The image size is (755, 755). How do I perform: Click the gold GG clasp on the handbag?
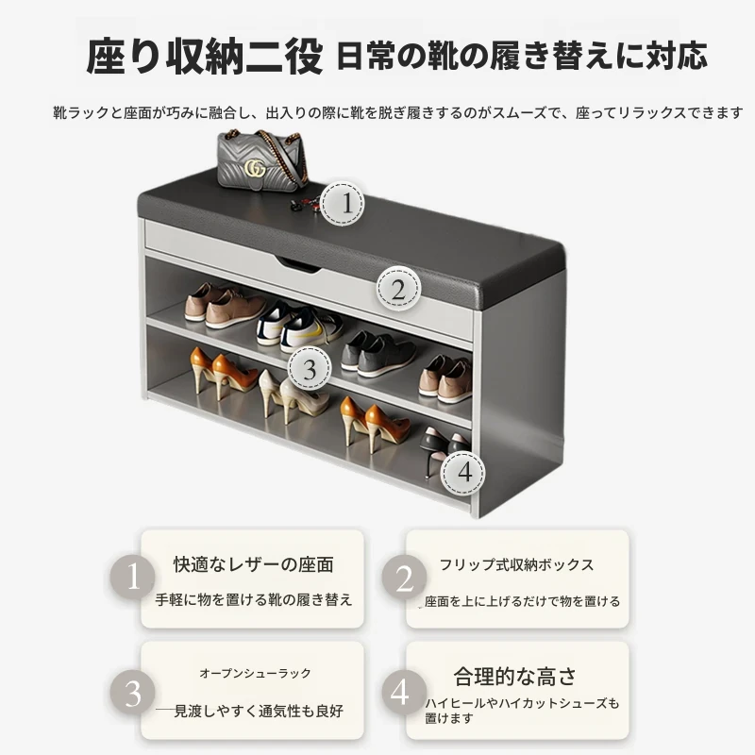click(255, 168)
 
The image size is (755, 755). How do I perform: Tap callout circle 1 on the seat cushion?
click(343, 203)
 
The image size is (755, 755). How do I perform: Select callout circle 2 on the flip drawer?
click(398, 289)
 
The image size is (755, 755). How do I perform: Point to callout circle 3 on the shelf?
click(310, 368)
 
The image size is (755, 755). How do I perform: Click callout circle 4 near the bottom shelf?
click(463, 473)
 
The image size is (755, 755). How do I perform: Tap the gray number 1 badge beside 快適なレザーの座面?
click(132, 577)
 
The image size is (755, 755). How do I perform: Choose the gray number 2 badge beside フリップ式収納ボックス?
click(405, 577)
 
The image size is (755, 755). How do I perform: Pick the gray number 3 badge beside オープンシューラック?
click(132, 693)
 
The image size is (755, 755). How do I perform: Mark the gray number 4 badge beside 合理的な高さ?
click(405, 693)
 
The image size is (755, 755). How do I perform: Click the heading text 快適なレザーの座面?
click(253, 564)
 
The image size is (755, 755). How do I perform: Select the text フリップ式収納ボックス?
click(516, 564)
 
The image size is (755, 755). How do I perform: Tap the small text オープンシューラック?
click(255, 673)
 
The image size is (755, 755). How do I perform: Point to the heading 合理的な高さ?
click(514, 677)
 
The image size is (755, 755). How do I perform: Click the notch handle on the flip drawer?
click(298, 265)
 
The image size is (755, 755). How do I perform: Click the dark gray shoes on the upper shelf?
click(378, 353)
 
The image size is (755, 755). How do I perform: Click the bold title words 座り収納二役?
click(204, 57)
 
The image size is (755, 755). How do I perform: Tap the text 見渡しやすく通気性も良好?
click(259, 711)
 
